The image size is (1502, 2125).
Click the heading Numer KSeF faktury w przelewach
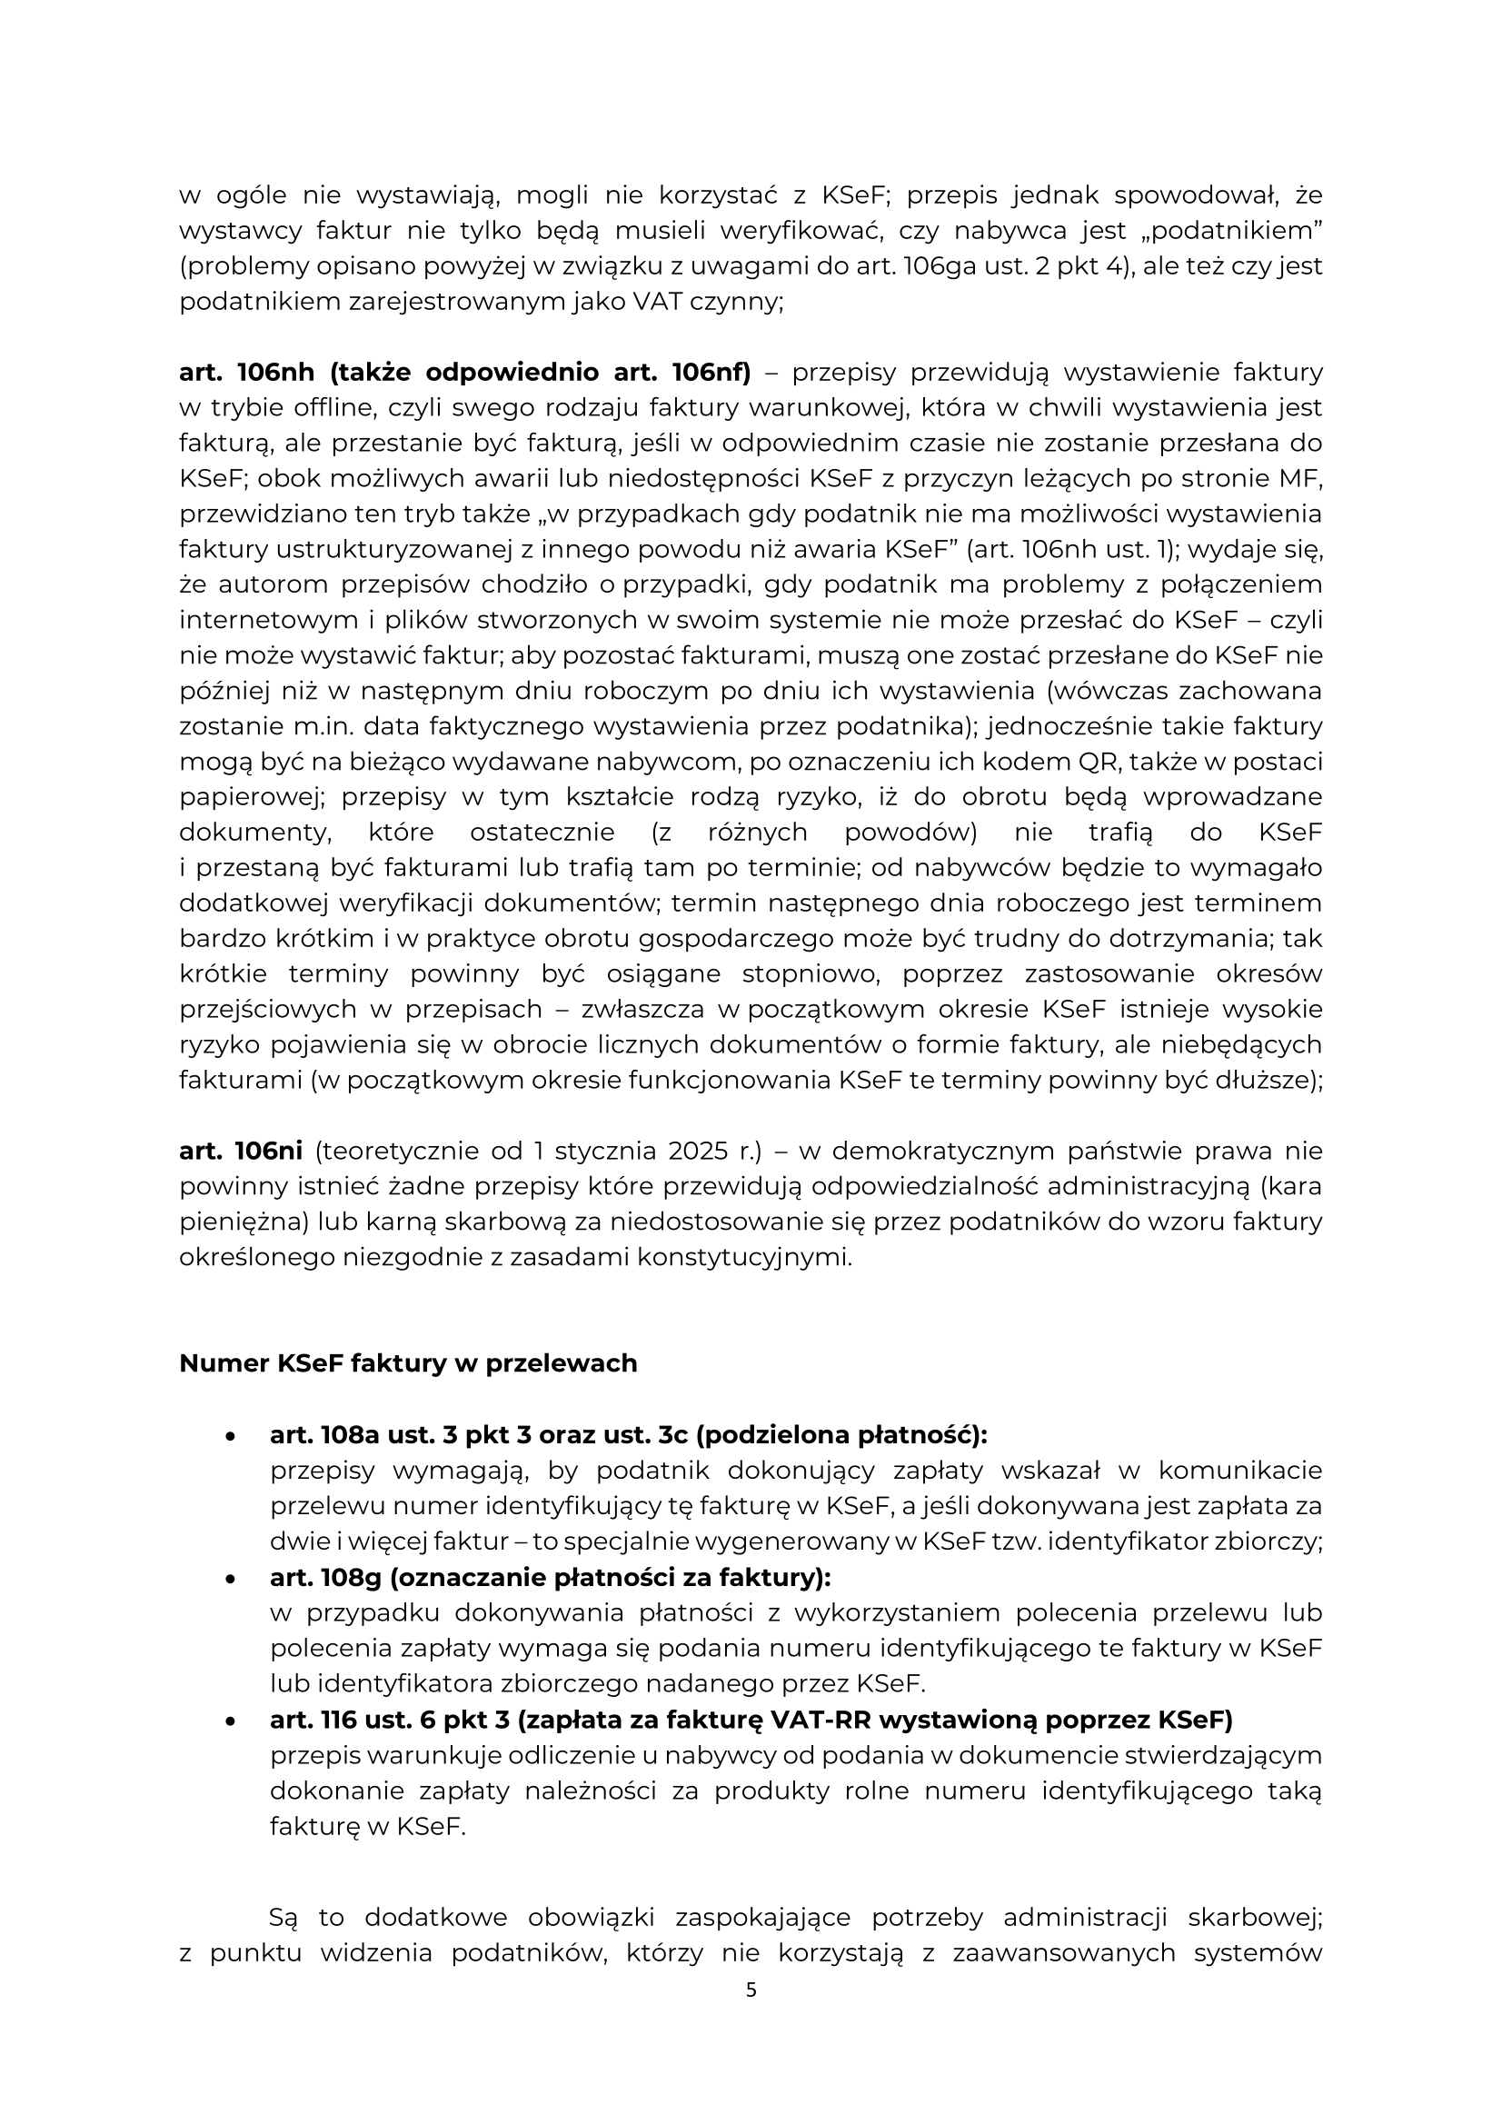tap(408, 1363)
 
